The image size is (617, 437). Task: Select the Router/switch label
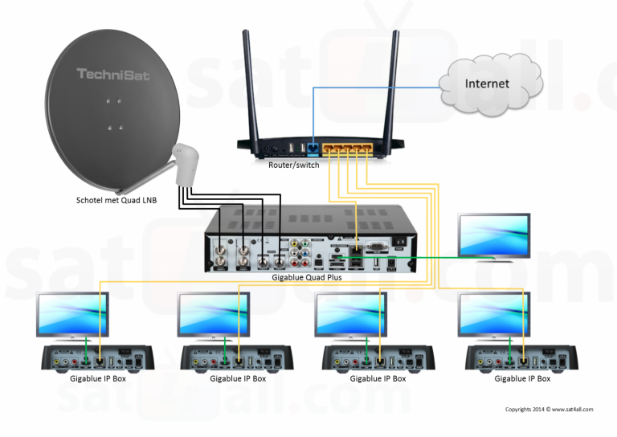tap(293, 165)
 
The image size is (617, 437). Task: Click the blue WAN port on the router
tap(313, 148)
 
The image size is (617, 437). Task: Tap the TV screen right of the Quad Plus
tap(493, 233)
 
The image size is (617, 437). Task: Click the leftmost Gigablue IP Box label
tap(96, 378)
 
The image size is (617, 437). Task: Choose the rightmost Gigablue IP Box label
tap(522, 378)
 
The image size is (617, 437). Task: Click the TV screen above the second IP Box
tap(214, 313)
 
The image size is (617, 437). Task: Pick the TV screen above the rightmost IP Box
tap(493, 313)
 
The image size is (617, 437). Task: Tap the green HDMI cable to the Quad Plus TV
tap(434, 257)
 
